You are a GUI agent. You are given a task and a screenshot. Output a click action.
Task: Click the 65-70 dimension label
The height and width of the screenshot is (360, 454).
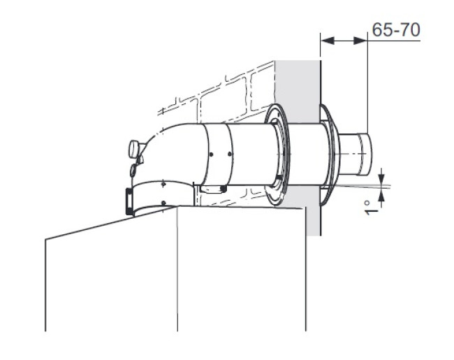pos(396,30)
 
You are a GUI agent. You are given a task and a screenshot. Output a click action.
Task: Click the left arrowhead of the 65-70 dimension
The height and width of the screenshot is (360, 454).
pos(328,41)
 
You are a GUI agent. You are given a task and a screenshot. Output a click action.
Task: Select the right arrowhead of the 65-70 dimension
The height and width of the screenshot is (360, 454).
pos(360,41)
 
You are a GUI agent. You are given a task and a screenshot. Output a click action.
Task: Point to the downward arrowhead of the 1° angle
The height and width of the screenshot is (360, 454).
pos(382,176)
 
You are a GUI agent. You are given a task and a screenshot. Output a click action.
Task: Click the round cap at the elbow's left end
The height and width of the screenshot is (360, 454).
pos(133,149)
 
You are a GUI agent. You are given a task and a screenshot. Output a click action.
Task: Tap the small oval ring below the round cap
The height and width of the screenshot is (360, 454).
pos(132,171)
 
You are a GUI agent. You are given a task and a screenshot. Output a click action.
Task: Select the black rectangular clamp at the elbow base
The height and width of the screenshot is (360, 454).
pos(129,201)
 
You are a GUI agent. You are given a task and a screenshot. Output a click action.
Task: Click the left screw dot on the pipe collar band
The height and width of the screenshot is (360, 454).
pos(211,154)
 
